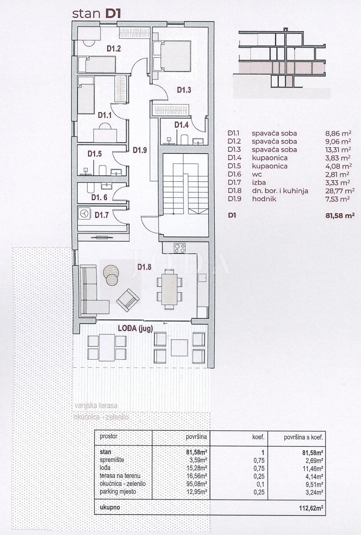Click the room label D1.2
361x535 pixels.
point(114,48)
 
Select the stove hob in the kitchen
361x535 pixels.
point(180,248)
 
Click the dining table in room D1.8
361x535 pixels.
point(169,289)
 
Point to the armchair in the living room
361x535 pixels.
point(128,299)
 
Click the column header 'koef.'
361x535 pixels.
point(258,437)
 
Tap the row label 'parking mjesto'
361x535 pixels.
point(118,492)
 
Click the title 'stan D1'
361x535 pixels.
point(96,14)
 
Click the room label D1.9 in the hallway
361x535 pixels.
point(140,150)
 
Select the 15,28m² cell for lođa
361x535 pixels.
point(197,468)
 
